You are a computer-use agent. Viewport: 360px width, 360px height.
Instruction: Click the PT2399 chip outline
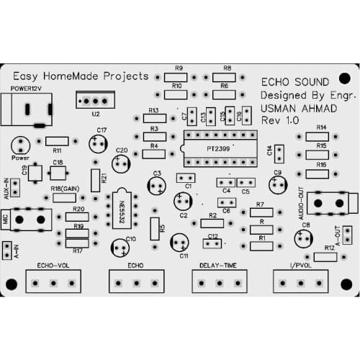pos(219,145)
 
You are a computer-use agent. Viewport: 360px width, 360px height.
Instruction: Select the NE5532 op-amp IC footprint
pos(120,209)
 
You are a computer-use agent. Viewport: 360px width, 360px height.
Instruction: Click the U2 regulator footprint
pos(95,100)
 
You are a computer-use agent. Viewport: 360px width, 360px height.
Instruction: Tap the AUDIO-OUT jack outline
pos(330,204)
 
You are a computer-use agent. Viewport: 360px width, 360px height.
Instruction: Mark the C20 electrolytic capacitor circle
pos(122,163)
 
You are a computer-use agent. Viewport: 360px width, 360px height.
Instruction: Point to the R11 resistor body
pos(57,141)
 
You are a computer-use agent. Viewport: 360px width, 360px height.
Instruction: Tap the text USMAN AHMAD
pos(292,107)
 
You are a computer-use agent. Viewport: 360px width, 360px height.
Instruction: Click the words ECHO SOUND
pos(294,82)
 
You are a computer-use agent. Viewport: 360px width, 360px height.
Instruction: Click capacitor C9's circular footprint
pos(277,185)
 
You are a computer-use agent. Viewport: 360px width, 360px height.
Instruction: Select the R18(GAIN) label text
pos(66,188)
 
